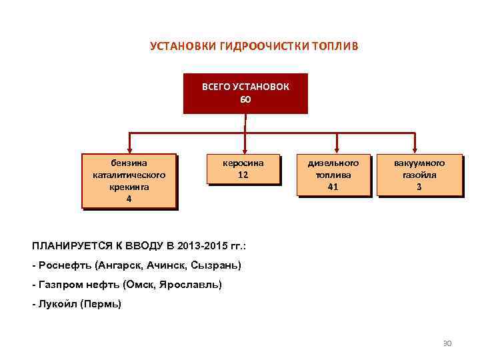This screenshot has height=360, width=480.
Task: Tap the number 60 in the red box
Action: pyautogui.click(x=245, y=99)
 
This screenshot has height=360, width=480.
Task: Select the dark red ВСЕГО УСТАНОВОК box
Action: pyautogui.click(x=245, y=93)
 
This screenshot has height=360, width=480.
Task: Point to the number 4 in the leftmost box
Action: pyautogui.click(x=129, y=199)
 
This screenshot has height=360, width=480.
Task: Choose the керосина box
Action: pyautogui.click(x=243, y=168)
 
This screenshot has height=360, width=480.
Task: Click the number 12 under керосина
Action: pyautogui.click(x=243, y=175)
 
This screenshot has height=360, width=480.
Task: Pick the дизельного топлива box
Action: pyautogui.click(x=333, y=175)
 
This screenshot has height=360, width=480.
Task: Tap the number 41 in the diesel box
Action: pyautogui.click(x=333, y=187)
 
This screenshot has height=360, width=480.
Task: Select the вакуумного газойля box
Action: pyautogui.click(x=419, y=175)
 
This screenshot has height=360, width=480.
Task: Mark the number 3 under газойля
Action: pyautogui.click(x=419, y=187)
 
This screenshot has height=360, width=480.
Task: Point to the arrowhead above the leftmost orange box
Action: pyautogui.click(x=129, y=149)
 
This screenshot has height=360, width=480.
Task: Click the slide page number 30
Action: pyautogui.click(x=447, y=343)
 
